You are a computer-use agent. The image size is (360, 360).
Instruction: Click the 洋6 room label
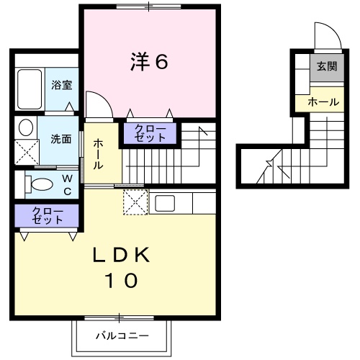[149, 63]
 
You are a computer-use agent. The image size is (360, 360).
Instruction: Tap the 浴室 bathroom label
[61, 85]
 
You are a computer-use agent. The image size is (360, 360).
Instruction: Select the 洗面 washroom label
[60, 138]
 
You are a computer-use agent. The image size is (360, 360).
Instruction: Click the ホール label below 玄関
[323, 103]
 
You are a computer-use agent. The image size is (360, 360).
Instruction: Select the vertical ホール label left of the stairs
[98, 153]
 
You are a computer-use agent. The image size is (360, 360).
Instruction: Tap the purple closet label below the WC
[48, 216]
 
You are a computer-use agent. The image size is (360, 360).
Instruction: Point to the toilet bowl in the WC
[38, 183]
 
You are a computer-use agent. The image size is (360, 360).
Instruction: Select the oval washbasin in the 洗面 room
[26, 129]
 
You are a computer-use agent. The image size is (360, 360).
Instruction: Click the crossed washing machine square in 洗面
[30, 153]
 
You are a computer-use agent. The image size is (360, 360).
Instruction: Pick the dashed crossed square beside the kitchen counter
[135, 202]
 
